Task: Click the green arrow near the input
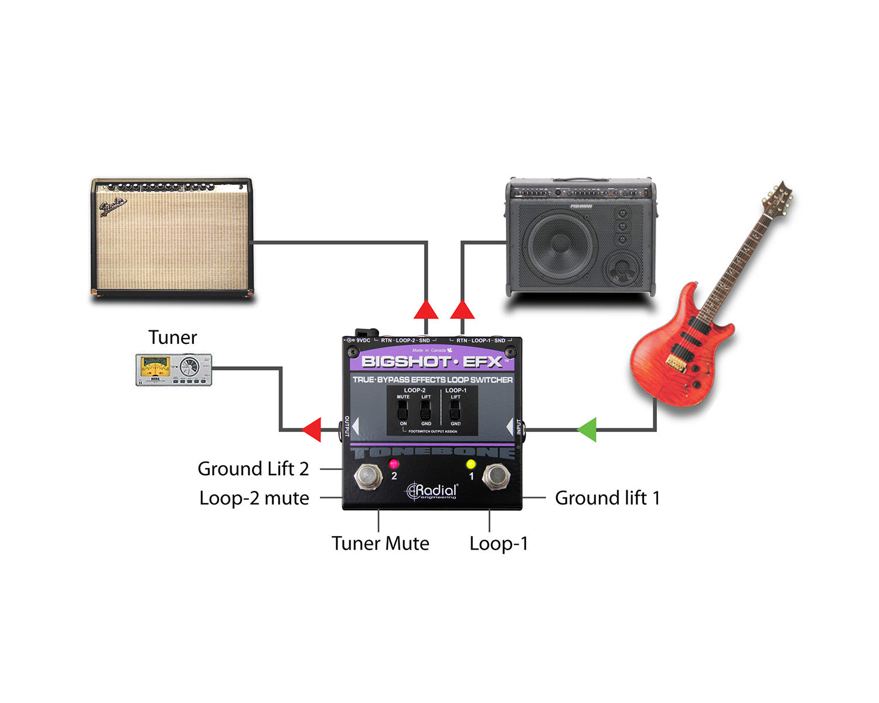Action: (587, 429)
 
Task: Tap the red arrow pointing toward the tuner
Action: (312, 429)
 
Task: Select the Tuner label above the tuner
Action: (172, 337)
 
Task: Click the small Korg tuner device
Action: (173, 370)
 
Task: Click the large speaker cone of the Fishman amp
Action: (561, 247)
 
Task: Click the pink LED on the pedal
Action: (393, 464)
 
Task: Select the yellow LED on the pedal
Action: (470, 465)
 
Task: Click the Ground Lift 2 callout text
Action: (253, 469)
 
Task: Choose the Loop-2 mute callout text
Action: (254, 498)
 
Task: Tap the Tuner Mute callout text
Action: (380, 543)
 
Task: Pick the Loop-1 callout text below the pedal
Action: (499, 543)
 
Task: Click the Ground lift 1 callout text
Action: (607, 498)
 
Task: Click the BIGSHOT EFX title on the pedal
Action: (432, 361)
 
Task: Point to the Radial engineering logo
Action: (432, 491)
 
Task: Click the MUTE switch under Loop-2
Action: (403, 410)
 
